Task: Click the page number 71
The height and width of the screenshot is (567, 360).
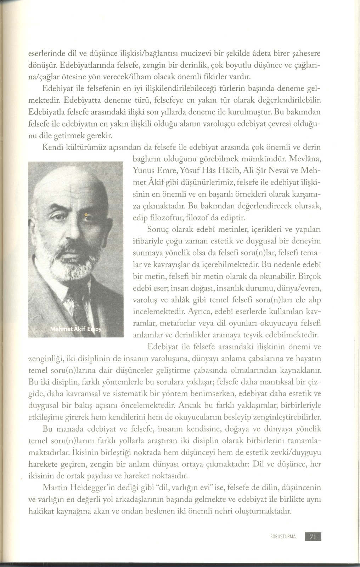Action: [313, 536]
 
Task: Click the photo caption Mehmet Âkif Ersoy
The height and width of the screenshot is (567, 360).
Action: [76, 329]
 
